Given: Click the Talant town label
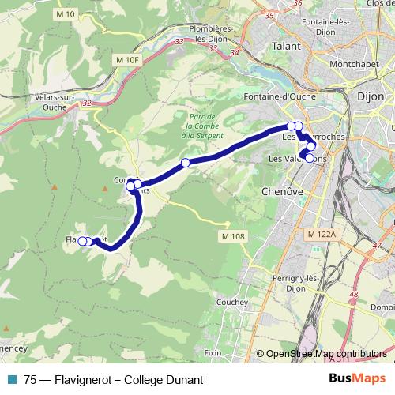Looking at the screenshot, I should click(289, 47).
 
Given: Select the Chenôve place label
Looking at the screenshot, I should click(277, 191).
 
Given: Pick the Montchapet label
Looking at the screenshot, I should click(357, 63).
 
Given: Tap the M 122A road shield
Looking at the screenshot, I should click(321, 235).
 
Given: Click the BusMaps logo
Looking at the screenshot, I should click(357, 379).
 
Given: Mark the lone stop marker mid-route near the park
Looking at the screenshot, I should click(186, 163).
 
